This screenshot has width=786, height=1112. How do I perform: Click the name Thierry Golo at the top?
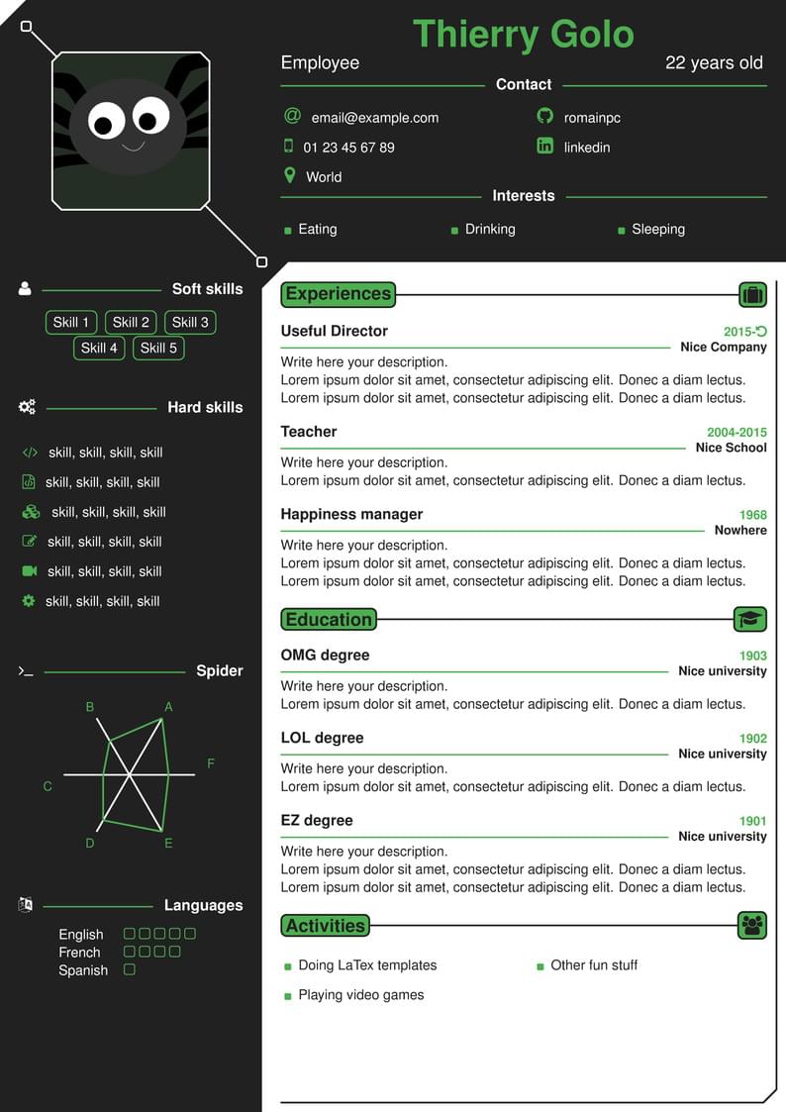[523, 35]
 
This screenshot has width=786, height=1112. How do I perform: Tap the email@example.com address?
[374, 118]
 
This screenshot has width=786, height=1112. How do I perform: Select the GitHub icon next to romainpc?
[544, 117]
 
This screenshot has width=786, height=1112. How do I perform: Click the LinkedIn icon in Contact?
[544, 147]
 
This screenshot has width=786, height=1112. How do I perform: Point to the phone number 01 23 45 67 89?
[348, 148]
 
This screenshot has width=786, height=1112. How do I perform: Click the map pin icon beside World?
[290, 176]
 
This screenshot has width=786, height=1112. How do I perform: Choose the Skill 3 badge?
[190, 322]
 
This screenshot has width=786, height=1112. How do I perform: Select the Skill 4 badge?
[99, 348]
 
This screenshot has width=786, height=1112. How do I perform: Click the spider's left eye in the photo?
[106, 121]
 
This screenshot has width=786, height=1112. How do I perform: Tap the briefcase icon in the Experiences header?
[752, 294]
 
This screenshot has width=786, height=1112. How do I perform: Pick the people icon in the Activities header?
[752, 926]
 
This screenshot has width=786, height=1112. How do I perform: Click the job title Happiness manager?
[351, 514]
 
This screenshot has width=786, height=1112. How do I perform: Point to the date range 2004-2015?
[737, 433]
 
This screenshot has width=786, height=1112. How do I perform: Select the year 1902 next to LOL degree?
[753, 739]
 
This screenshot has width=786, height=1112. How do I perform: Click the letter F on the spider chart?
[211, 763]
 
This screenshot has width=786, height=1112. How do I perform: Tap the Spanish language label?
[83, 970]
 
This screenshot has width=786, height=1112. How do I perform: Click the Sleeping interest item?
[658, 229]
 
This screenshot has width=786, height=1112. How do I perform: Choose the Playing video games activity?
[360, 995]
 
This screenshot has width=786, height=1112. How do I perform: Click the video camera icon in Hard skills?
[29, 571]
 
